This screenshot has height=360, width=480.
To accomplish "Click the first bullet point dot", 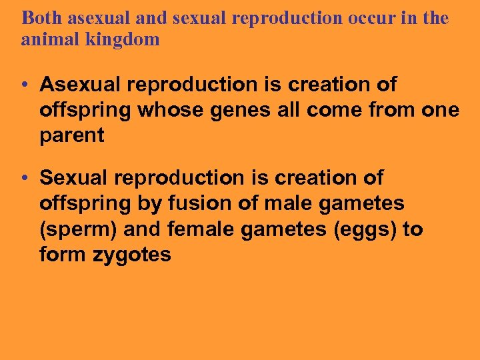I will pos(24,85).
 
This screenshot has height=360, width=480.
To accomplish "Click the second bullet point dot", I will pos(24,179).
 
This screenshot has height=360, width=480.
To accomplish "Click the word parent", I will pos(72,135).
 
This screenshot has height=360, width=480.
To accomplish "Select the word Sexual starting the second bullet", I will pos(71,178).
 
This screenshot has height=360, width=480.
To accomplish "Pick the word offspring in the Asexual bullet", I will pos(84,110).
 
